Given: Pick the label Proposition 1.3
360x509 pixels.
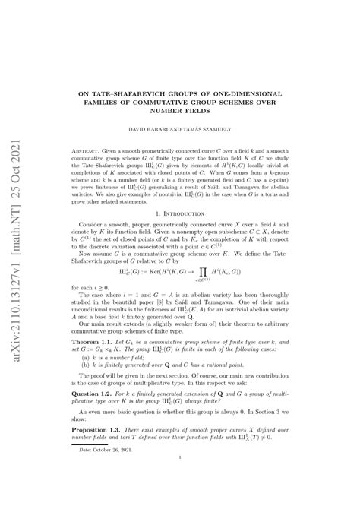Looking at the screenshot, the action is [x=113, y=451].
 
